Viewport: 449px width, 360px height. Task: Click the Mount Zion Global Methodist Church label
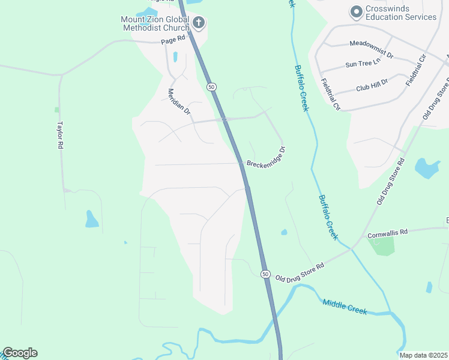tap(155, 23)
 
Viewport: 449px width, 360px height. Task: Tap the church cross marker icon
tap(199, 23)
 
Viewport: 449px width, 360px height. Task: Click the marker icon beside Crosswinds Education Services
tap(356, 11)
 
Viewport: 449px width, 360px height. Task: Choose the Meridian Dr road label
tap(179, 102)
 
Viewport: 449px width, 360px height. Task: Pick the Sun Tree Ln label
tap(363, 63)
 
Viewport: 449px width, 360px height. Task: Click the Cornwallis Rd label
tap(388, 232)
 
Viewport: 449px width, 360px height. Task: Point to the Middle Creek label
tap(344, 307)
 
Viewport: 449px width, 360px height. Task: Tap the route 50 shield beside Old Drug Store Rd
tap(265, 274)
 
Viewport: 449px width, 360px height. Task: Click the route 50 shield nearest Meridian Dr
tap(211, 87)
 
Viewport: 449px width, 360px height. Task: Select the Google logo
tap(20, 353)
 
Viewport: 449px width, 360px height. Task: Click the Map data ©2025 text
tap(423, 355)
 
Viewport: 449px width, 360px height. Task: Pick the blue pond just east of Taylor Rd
tap(91, 220)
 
